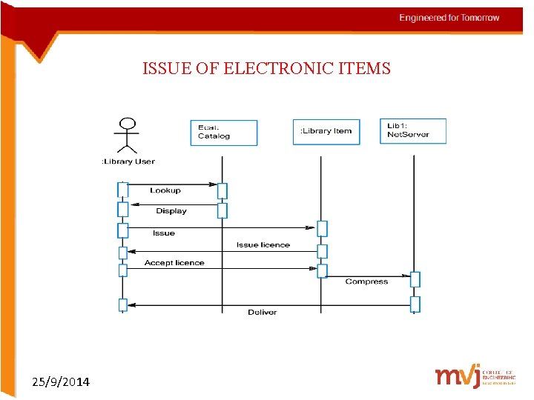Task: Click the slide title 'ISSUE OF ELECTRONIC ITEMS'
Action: pyautogui.click(x=266, y=69)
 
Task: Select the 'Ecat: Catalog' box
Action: pyautogui.click(x=223, y=132)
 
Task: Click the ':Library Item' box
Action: pyautogui.click(x=326, y=131)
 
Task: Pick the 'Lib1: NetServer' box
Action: pyautogui.click(x=413, y=130)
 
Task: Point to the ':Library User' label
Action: pyautogui.click(x=128, y=161)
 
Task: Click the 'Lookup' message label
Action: pyautogui.click(x=165, y=190)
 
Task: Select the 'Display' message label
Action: pyautogui.click(x=171, y=211)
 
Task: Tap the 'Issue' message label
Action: pyautogui.click(x=164, y=233)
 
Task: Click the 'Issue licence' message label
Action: pyautogui.click(x=263, y=245)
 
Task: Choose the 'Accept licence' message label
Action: pyautogui.click(x=174, y=263)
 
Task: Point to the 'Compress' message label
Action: pyautogui.click(x=366, y=281)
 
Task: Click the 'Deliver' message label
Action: pyautogui.click(x=262, y=313)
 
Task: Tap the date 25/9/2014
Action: pyautogui.click(x=62, y=382)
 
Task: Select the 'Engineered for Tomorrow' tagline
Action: pyautogui.click(x=449, y=18)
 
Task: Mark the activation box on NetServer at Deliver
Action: pyautogui.click(x=415, y=304)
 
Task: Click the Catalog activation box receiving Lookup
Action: pyautogui.click(x=222, y=190)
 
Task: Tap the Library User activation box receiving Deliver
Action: pyautogui.click(x=123, y=305)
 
